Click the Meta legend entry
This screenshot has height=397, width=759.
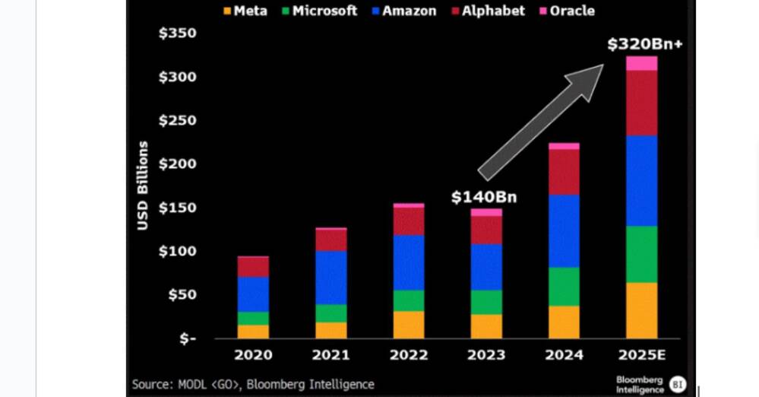click(245, 11)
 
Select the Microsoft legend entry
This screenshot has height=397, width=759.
click(319, 11)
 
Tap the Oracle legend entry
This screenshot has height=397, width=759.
click(566, 11)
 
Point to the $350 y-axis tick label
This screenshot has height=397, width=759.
click(177, 33)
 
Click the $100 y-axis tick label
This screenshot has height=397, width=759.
click(177, 251)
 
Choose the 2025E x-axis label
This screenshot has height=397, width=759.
click(642, 355)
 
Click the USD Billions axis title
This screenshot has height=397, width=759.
click(143, 185)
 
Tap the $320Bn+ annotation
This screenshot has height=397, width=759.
click(644, 44)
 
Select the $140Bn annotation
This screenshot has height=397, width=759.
click(484, 197)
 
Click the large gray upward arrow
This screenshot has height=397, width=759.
click(541, 122)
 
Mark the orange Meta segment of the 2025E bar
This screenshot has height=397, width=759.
click(641, 310)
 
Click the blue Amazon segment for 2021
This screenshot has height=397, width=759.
click(330, 277)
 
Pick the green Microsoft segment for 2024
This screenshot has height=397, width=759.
click(564, 286)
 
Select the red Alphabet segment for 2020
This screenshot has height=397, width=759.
click(253, 266)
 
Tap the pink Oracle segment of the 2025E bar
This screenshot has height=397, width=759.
click(641, 63)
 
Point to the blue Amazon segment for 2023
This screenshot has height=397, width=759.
click(486, 267)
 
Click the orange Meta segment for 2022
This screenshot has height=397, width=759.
click(408, 324)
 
